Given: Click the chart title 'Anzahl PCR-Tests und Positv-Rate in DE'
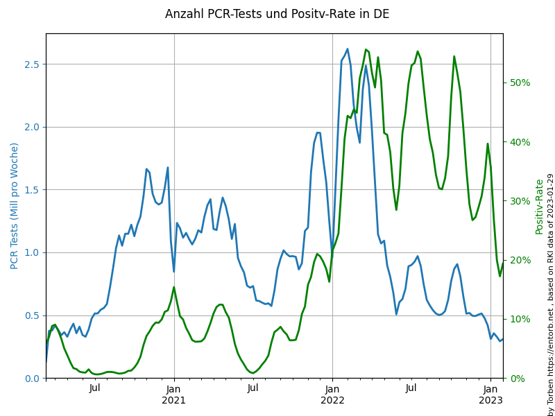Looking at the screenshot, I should (277, 14).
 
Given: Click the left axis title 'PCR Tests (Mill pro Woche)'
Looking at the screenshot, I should (15, 205).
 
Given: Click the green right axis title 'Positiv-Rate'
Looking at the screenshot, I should (539, 206).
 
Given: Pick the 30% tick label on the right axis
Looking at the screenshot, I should (520, 201).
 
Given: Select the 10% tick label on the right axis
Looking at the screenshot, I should (520, 319).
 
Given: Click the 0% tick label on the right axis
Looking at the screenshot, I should (518, 379).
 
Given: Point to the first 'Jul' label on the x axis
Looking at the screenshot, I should (95, 388).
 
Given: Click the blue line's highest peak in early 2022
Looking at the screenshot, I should (348, 49).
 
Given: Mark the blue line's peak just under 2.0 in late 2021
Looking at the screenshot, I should (318, 132).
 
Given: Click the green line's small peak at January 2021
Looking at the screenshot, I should (173, 287).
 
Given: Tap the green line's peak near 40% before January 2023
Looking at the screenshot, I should (488, 144).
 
